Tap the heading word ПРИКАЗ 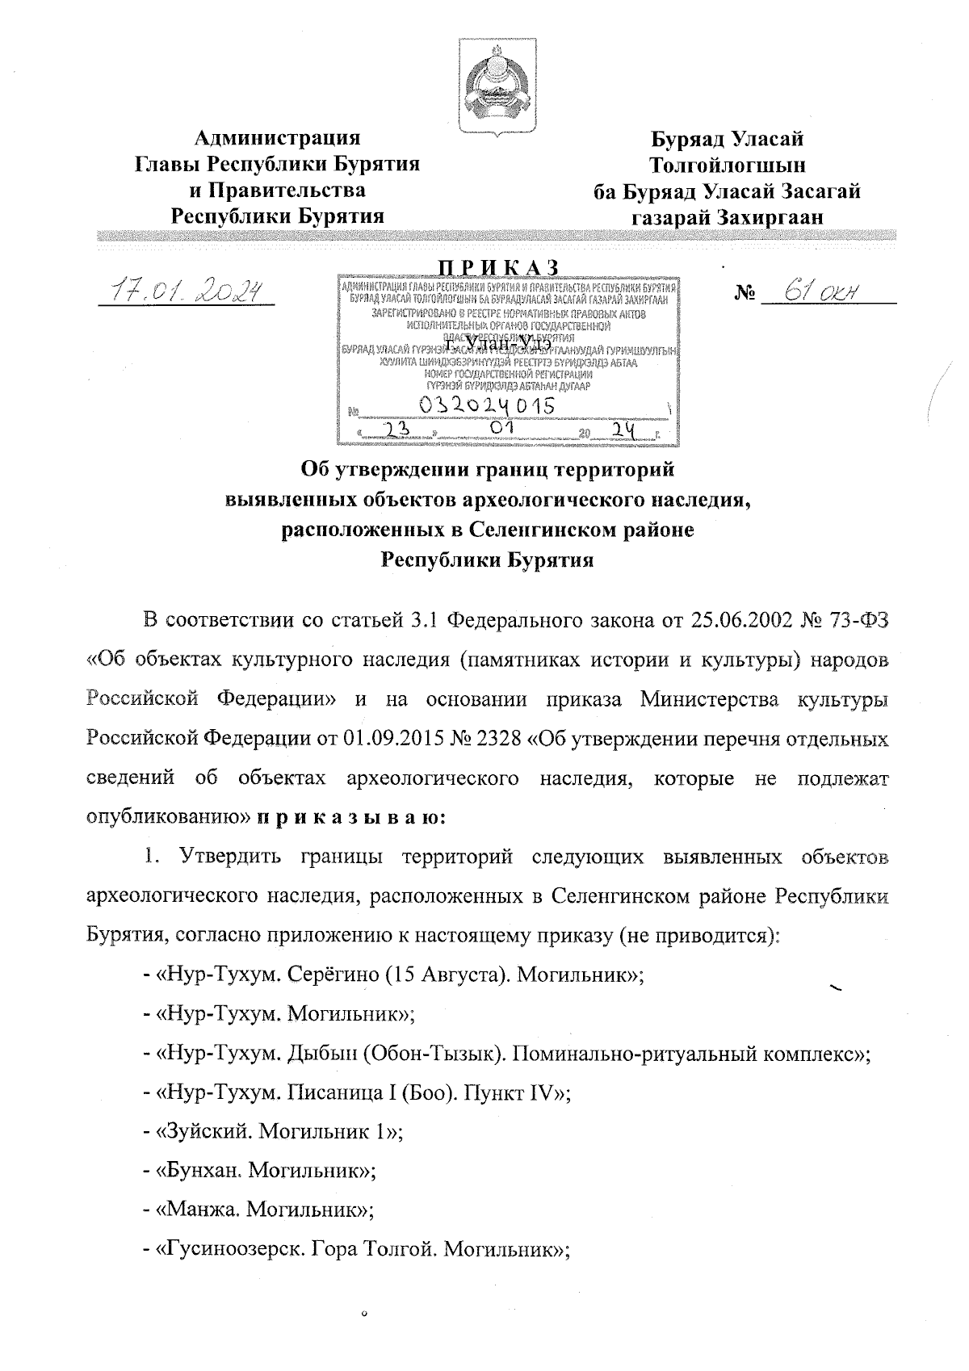[498, 267]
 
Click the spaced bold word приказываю [348, 817]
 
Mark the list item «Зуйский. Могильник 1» [279, 1130]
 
